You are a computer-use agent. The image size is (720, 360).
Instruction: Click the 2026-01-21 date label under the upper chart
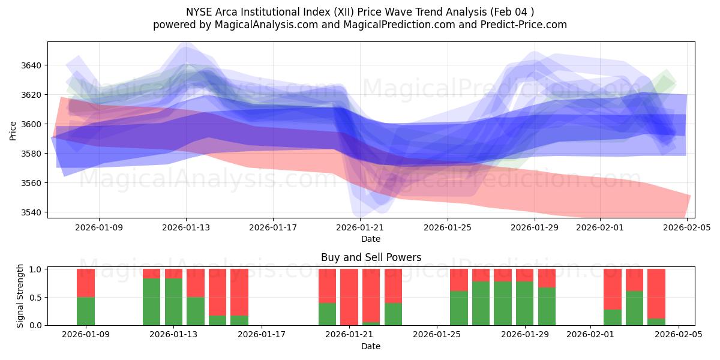(x=360, y=227)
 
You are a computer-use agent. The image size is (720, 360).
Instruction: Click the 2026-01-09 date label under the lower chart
(x=86, y=335)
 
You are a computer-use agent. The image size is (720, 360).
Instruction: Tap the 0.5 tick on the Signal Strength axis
(x=35, y=297)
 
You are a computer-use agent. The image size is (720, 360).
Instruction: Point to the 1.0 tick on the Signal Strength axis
(x=35, y=269)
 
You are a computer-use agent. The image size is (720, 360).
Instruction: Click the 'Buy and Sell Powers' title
(x=371, y=257)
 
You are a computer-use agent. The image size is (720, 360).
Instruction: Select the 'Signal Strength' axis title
(x=20, y=296)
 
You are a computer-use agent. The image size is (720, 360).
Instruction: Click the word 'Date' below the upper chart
(x=371, y=239)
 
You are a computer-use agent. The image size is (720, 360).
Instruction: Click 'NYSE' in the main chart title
(x=200, y=11)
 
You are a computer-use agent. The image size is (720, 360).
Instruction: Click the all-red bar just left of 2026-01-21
(x=349, y=297)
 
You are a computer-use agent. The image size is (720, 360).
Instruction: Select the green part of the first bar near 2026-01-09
(x=86, y=311)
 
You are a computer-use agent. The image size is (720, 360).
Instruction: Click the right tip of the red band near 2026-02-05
(x=689, y=197)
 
